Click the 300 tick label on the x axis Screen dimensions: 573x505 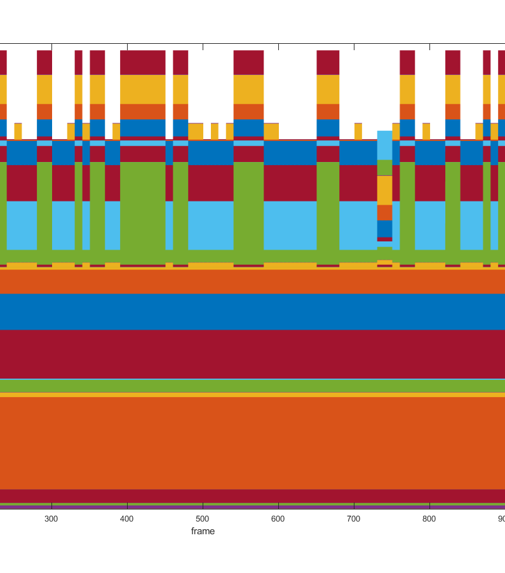(51, 518)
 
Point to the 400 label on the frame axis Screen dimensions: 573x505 (127, 518)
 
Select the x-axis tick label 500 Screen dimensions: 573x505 (203, 518)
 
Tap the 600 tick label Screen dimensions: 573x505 (278, 518)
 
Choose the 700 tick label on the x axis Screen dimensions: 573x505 (354, 518)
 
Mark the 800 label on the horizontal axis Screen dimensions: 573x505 (429, 518)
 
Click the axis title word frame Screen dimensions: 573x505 (203, 531)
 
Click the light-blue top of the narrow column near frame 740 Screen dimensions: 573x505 (384, 145)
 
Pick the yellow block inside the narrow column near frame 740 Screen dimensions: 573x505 (384, 190)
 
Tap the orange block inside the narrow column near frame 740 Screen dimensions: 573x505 (384, 212)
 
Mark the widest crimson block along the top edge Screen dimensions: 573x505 (143, 62)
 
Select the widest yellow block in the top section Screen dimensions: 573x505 (143, 89)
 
